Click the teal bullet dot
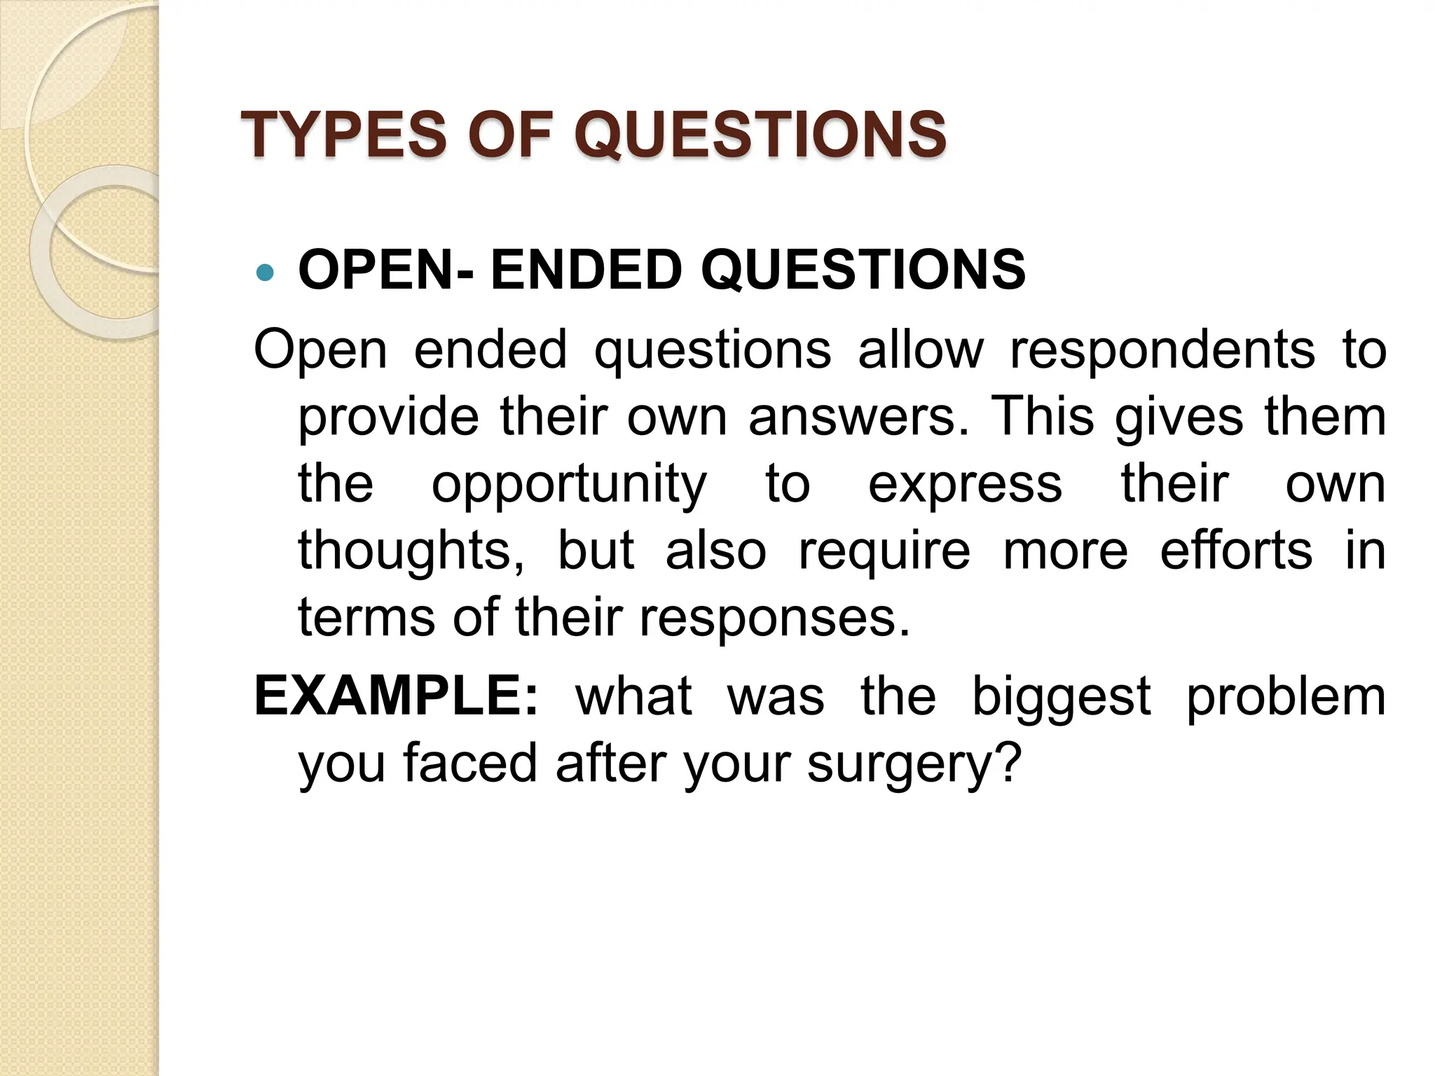[265, 272]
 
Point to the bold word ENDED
[586, 270]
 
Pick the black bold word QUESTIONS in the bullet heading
[863, 270]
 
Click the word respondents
[1162, 350]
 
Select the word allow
[921, 350]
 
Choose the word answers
[858, 417]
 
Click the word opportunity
[569, 485]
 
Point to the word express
[965, 484]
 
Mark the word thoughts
[411, 552]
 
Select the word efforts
[1236, 551]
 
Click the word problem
[1286, 697]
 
